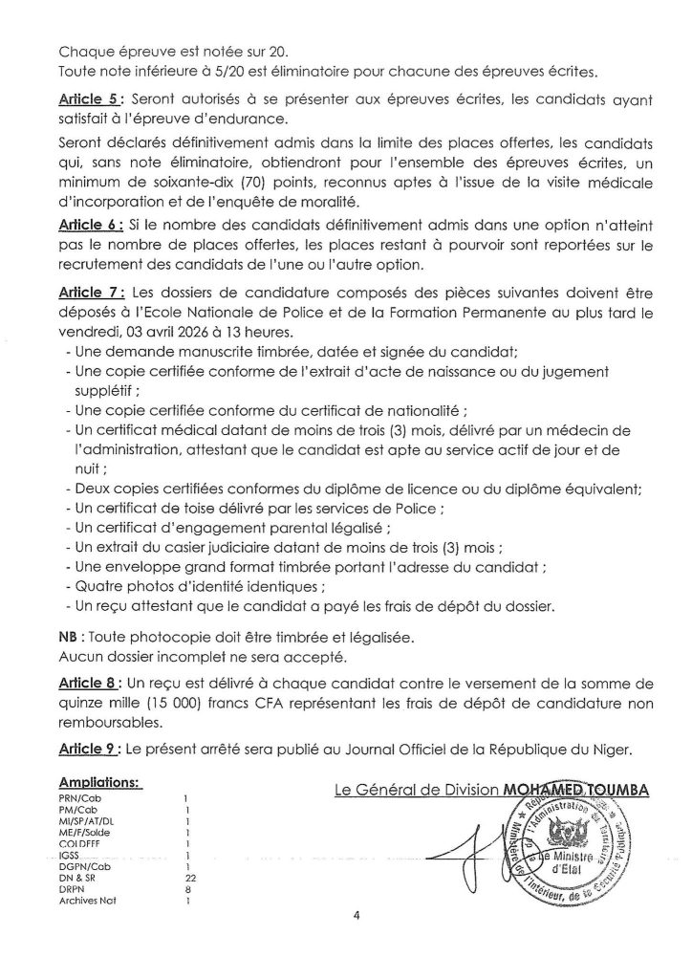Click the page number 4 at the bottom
tap(356, 942)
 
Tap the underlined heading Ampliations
tap(100, 782)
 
